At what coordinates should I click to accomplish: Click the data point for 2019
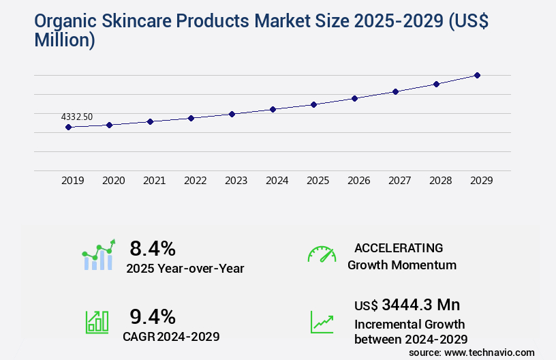tap(68, 127)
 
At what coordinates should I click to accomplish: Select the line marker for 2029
tap(477, 75)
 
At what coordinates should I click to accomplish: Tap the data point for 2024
tap(273, 109)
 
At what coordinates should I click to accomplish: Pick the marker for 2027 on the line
tap(395, 91)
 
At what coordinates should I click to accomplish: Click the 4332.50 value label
tap(77, 117)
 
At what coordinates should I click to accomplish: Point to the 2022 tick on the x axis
tap(195, 181)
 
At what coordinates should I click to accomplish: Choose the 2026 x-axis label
tap(358, 181)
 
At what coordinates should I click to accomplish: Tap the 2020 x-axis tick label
tap(113, 181)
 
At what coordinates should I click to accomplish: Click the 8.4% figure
tap(153, 248)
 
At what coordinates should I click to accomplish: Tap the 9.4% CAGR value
tap(153, 316)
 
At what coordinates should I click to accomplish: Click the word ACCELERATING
tap(399, 248)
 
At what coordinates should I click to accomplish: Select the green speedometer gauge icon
tap(321, 254)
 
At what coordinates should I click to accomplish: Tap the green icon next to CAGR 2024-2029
tap(97, 322)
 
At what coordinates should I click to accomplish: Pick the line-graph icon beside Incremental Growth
tap(321, 322)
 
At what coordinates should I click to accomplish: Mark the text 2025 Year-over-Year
tap(185, 269)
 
